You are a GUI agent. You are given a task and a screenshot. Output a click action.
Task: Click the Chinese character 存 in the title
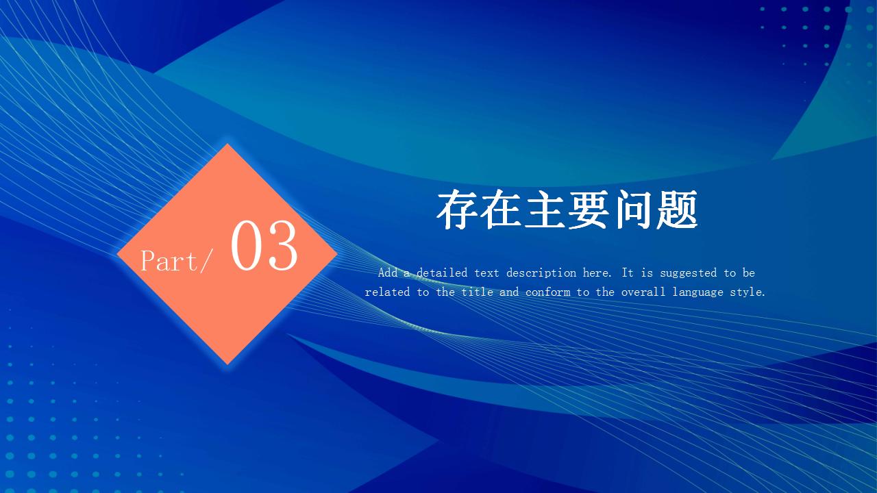[457, 210]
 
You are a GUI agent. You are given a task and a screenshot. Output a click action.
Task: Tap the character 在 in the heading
[501, 210]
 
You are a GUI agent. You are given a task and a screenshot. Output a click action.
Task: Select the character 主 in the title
[545, 210]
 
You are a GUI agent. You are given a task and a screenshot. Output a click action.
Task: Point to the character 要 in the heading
[589, 210]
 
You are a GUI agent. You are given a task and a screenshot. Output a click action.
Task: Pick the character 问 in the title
[632, 210]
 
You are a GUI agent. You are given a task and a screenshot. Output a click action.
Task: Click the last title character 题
[676, 210]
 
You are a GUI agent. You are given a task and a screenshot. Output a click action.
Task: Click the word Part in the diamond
[169, 261]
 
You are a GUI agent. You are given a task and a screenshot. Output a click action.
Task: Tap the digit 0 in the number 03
[247, 245]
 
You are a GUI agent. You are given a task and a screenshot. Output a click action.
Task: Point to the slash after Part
[206, 261]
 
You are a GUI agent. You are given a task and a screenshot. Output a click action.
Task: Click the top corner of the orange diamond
[227, 144]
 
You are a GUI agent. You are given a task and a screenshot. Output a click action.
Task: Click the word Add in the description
[388, 273]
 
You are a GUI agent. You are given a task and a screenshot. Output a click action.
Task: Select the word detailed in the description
[442, 273]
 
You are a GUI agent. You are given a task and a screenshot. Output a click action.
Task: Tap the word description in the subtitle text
[541, 273]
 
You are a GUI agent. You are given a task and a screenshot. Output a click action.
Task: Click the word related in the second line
[387, 292]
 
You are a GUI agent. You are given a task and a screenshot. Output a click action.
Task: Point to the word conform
[547, 292]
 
